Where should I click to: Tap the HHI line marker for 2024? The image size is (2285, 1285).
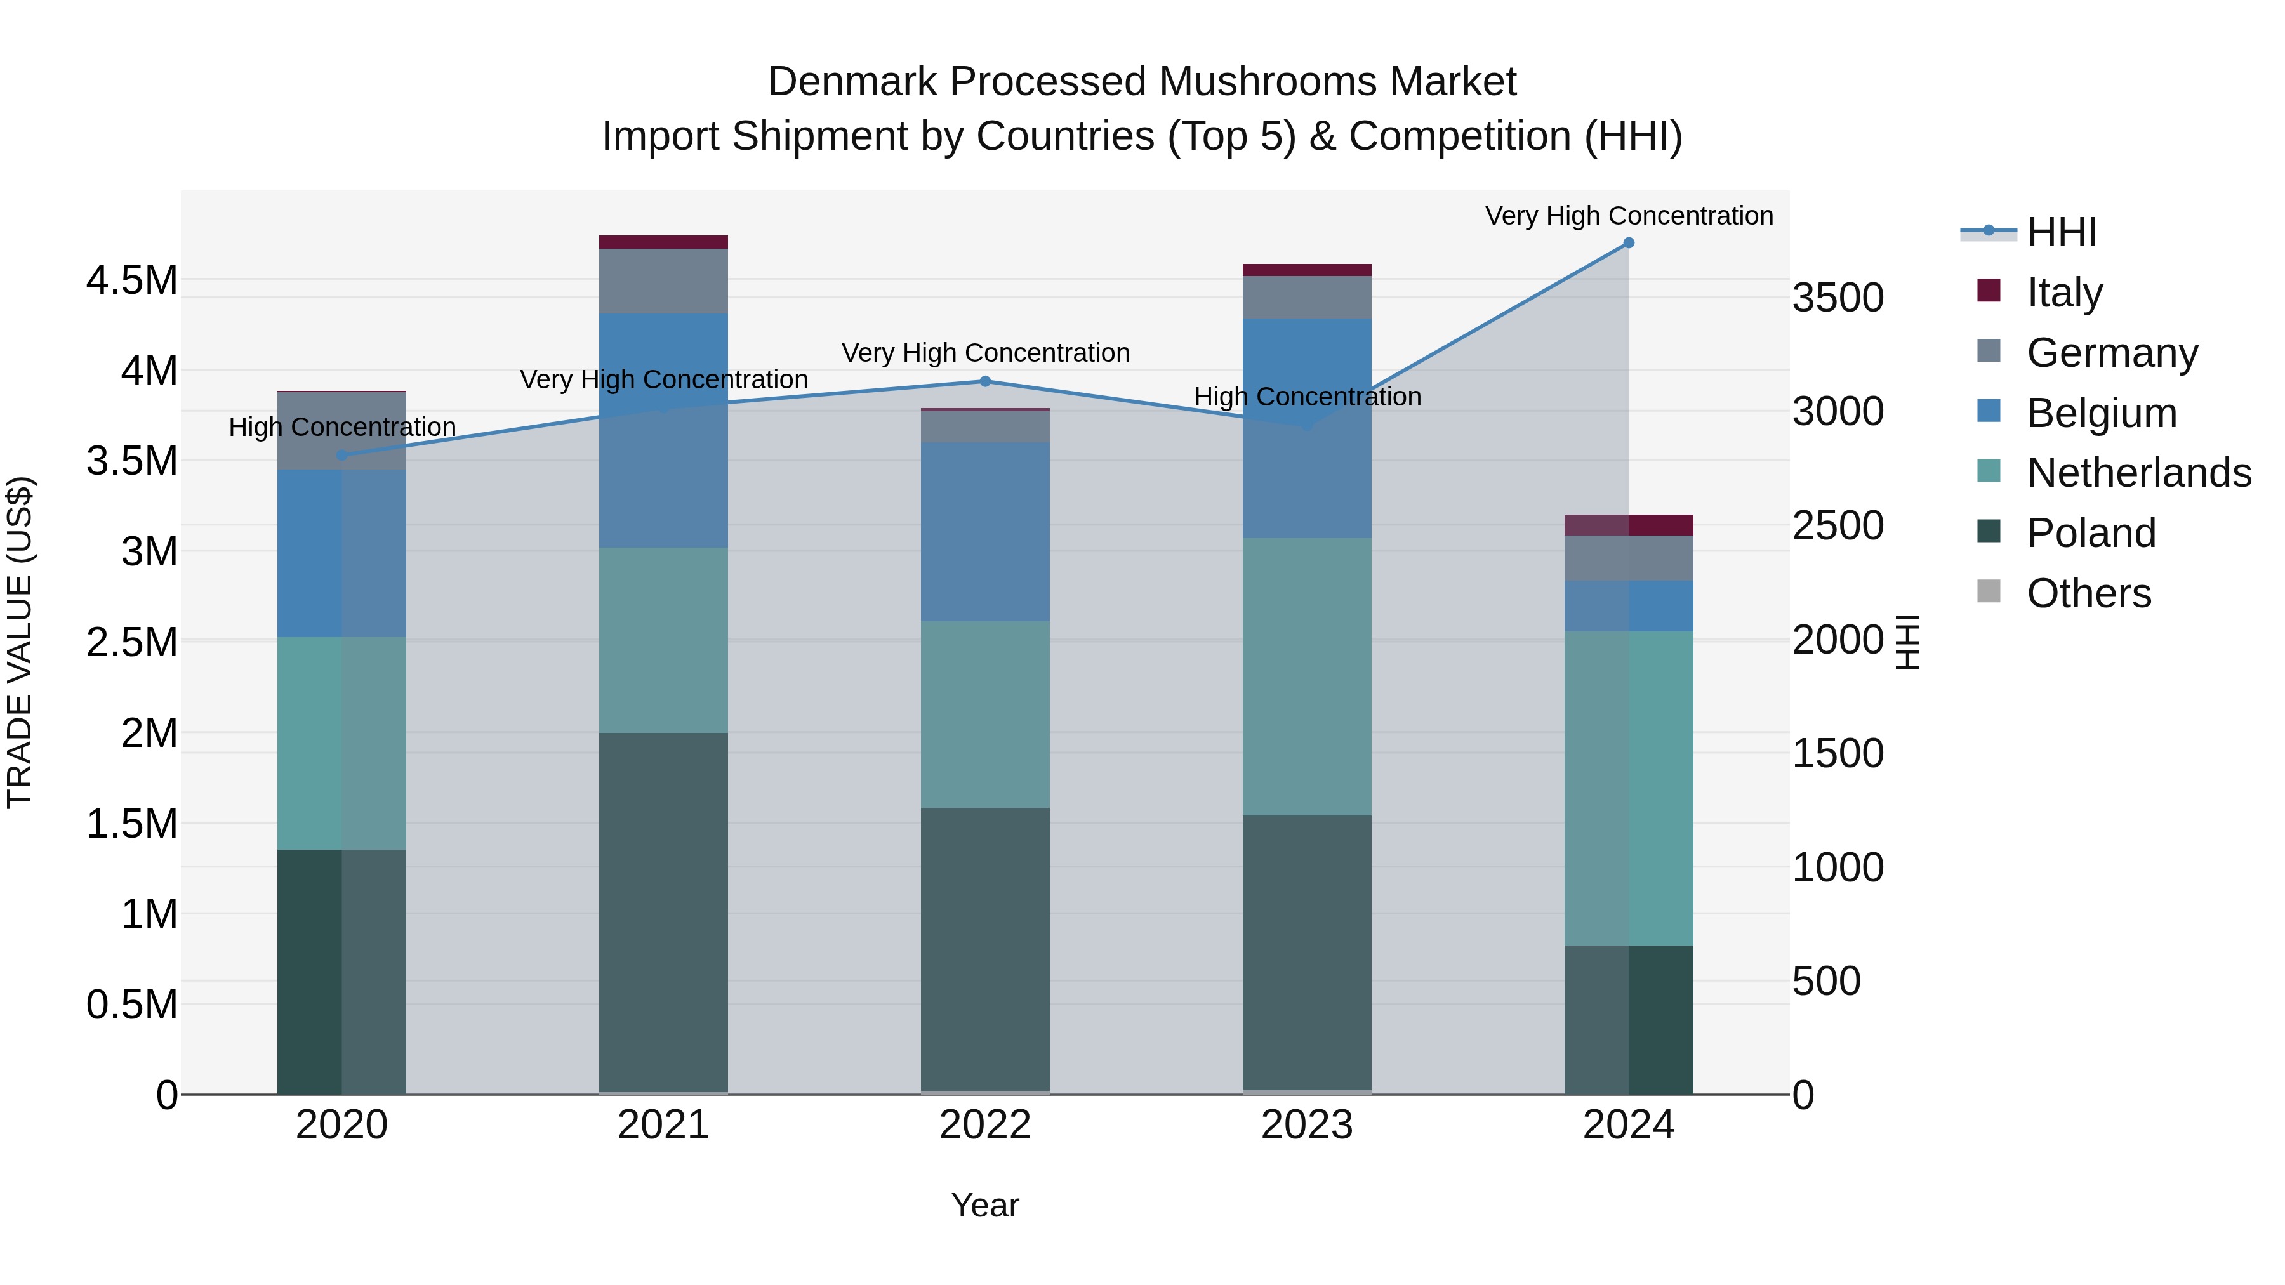pyautogui.click(x=1629, y=243)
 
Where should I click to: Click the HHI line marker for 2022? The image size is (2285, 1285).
pyautogui.click(x=984, y=381)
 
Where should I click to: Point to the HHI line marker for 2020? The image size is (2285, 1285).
pyautogui.click(x=341, y=455)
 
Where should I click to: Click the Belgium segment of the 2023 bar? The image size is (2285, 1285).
pyautogui.click(x=1307, y=428)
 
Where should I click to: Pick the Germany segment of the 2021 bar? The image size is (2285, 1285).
pyautogui.click(x=663, y=280)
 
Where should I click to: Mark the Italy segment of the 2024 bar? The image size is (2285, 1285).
pyautogui.click(x=1629, y=525)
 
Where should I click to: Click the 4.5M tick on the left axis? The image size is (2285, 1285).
pyautogui.click(x=131, y=280)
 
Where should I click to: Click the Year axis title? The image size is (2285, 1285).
pyautogui.click(x=984, y=1205)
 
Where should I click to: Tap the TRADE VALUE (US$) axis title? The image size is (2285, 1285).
pyautogui.click(x=20, y=642)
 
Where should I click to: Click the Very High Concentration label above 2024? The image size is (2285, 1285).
pyautogui.click(x=1629, y=216)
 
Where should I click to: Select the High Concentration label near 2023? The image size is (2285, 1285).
pyautogui.click(x=1307, y=397)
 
